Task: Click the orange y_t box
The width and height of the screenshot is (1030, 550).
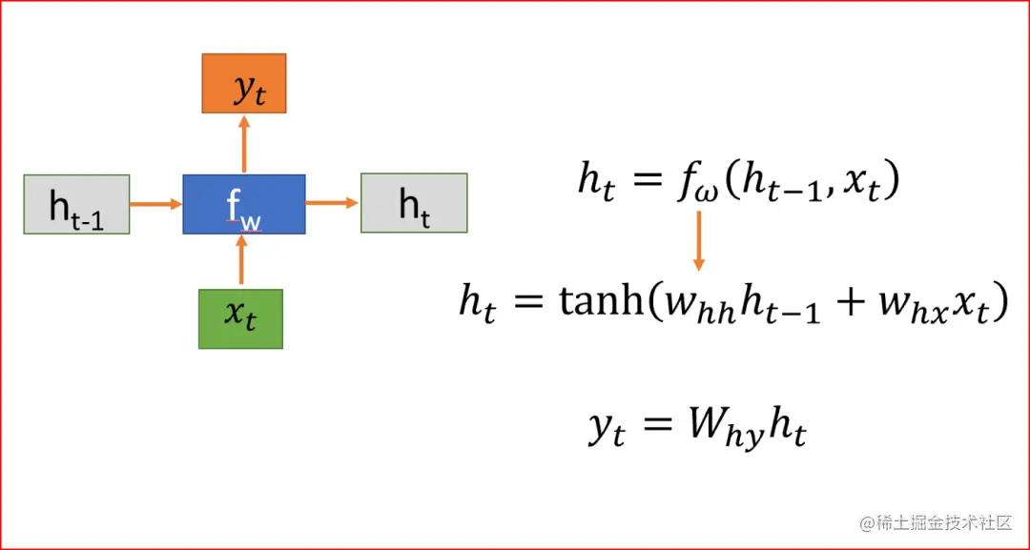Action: tap(244, 84)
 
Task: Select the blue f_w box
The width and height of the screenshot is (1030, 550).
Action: tap(244, 204)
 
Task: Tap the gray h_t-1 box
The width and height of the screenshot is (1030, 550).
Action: tap(75, 204)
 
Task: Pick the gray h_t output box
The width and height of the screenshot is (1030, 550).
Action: tap(414, 203)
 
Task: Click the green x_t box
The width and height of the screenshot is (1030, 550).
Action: tap(240, 317)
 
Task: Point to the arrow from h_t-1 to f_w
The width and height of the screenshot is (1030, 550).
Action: tap(155, 204)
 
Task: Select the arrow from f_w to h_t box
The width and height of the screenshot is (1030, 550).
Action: tap(332, 203)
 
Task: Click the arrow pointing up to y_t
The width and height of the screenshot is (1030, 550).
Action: tap(244, 144)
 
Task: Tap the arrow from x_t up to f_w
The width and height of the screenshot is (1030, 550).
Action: tap(241, 260)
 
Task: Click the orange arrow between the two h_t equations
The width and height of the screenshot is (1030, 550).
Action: tap(699, 239)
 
